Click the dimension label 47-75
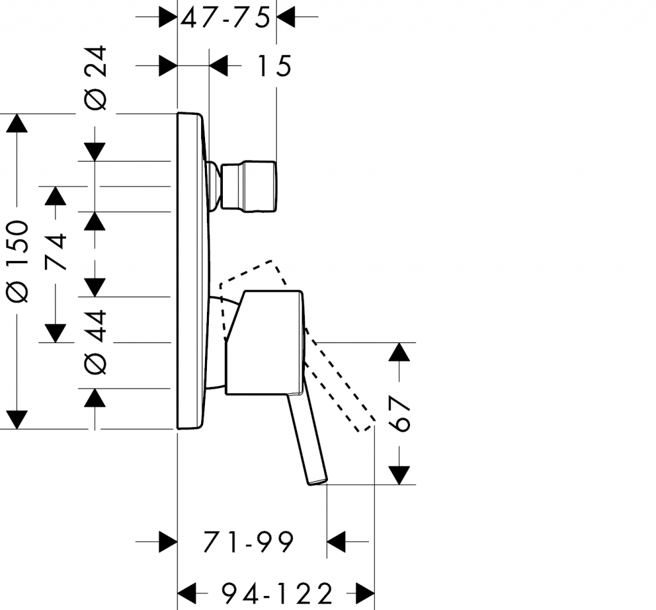click(225, 19)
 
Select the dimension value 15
click(274, 66)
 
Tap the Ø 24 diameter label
click(95, 78)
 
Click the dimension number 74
click(56, 251)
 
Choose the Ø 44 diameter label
click(95, 342)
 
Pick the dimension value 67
click(398, 414)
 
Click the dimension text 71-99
click(249, 542)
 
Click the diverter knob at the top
click(248, 187)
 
